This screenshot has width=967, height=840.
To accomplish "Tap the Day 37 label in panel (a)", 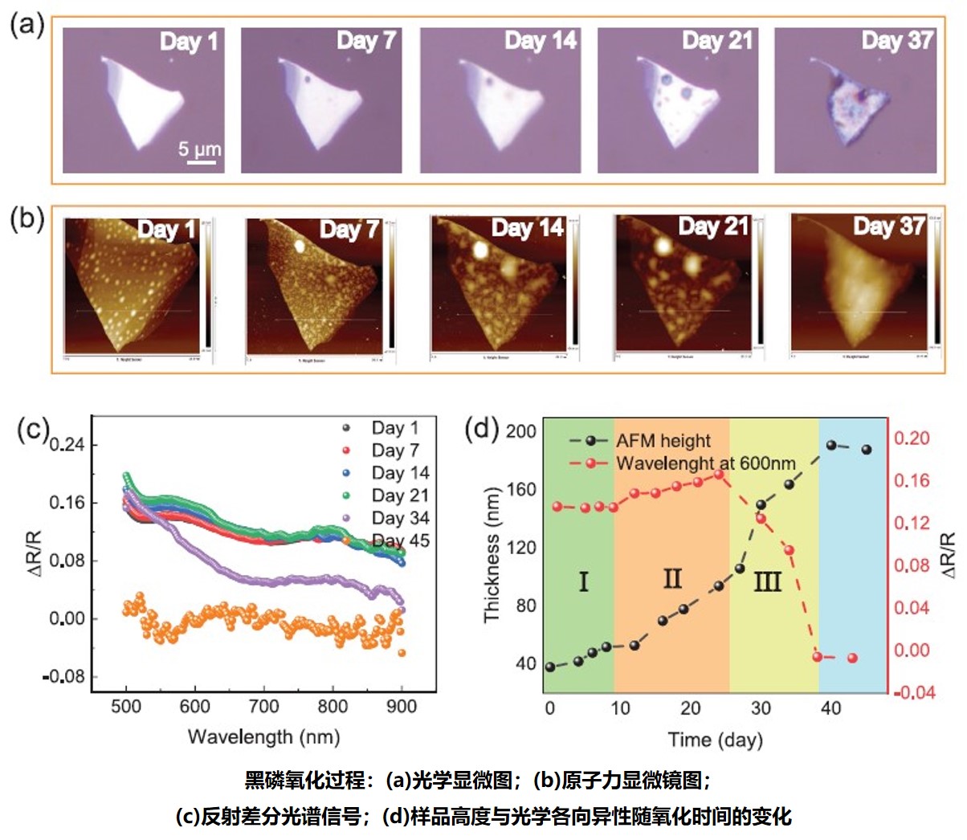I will point(897,40).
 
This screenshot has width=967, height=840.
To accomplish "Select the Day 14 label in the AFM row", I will point(528,228).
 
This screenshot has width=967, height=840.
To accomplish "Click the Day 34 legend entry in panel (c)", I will point(400,518).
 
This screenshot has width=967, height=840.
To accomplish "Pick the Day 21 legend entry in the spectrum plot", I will point(400,495).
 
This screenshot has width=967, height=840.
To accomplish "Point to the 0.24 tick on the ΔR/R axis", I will point(67,445).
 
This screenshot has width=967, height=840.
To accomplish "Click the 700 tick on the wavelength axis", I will point(264,707).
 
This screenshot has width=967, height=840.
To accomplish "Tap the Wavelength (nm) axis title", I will point(263,736).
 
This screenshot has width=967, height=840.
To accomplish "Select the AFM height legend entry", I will point(663,441).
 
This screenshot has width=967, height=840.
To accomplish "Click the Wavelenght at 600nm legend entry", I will point(705,463).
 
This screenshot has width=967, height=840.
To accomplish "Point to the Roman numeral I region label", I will point(583,581).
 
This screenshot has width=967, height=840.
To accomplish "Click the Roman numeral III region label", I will point(767,581).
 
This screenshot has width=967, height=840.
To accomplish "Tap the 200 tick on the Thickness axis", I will point(520,431).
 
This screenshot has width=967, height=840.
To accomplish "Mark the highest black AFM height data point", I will point(832,445).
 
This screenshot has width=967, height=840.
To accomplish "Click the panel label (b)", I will point(27,220).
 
